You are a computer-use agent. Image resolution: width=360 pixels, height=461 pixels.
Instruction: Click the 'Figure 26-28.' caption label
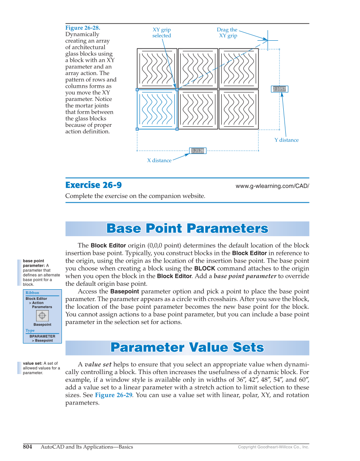pos(82,28)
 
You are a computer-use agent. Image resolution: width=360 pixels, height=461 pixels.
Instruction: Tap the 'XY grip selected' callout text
pos(162,33)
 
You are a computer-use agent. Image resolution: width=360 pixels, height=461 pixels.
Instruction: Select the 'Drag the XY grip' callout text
pos(227,33)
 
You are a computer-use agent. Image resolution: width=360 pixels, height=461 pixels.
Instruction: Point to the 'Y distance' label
pos(286,140)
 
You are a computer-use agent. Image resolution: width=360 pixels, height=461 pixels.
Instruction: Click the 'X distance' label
pos(159,160)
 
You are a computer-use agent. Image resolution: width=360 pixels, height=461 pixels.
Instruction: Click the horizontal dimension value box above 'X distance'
pos(197,151)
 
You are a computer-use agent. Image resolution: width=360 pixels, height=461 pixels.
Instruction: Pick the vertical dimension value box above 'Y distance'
pos(279,89)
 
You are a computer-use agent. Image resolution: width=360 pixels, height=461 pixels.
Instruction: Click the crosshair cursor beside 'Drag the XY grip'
pos(268,40)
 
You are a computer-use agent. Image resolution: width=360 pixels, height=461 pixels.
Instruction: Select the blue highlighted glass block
pos(156,109)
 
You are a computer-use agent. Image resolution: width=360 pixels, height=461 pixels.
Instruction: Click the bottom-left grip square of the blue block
pos(137,129)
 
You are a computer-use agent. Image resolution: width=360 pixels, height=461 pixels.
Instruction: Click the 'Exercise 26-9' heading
pos(93,185)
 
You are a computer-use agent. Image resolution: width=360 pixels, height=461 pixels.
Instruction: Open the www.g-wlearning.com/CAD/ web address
pos(272,186)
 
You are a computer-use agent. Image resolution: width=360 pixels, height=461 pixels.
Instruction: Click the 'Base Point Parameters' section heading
pos(187,229)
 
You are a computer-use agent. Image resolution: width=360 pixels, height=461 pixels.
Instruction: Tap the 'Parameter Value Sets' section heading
pos(187,348)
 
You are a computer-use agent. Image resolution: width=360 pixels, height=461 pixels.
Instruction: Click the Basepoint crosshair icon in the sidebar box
pos(42,316)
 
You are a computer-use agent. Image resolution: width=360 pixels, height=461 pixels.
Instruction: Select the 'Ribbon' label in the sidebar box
pos(32,293)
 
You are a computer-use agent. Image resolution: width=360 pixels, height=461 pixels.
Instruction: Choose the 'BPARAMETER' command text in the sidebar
pos(42,336)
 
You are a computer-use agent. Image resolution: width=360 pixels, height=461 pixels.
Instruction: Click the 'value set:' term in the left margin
pos(32,363)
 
